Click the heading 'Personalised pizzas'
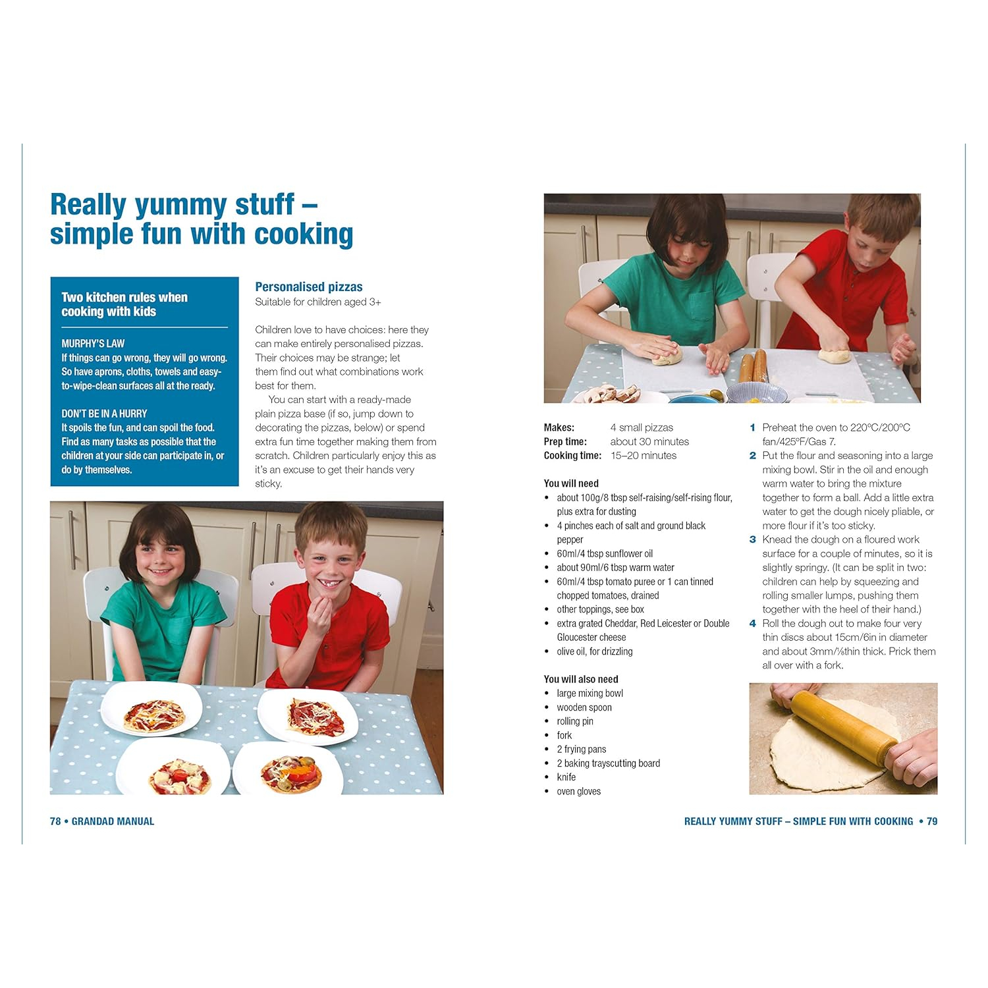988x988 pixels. [x=309, y=287]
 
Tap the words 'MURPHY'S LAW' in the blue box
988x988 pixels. [x=93, y=343]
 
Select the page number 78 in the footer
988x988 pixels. [x=55, y=821]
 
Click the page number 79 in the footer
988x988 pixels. [x=932, y=821]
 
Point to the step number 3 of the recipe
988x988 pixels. [x=753, y=539]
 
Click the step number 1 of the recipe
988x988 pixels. [x=753, y=427]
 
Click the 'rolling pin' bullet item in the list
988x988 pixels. [x=575, y=721]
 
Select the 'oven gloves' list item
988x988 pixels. [x=579, y=791]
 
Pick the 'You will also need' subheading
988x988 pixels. [x=581, y=679]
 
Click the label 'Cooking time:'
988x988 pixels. [x=572, y=456]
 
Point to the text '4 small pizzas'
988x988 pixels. [x=642, y=427]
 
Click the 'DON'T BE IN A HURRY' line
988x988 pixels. [x=104, y=414]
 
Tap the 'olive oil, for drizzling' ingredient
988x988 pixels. [x=595, y=651]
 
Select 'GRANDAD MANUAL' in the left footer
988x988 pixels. [x=113, y=821]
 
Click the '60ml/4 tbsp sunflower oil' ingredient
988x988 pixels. [x=605, y=554]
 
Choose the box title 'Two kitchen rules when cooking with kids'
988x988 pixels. [x=124, y=304]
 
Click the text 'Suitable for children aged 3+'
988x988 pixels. [x=318, y=302]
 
